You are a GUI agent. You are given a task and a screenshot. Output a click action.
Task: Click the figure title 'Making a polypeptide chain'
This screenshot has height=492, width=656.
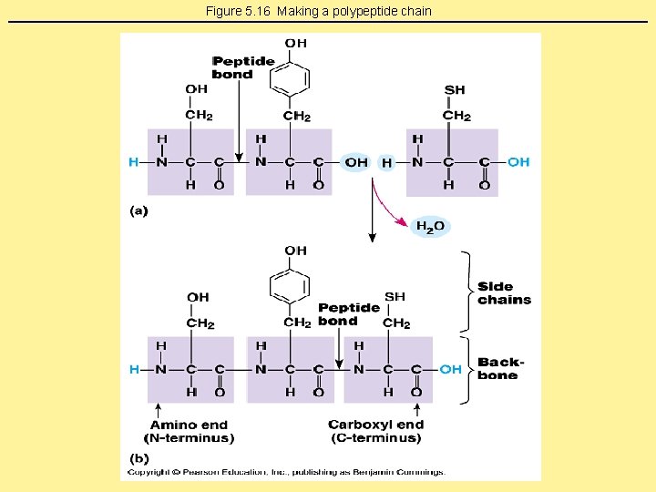(x=318, y=11)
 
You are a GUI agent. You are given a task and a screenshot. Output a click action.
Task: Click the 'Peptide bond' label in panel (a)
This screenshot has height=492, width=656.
(x=242, y=67)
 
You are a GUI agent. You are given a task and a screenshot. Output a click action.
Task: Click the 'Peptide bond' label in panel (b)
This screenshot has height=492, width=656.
(x=349, y=314)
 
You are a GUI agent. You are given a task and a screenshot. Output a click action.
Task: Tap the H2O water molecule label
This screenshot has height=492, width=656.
(x=430, y=226)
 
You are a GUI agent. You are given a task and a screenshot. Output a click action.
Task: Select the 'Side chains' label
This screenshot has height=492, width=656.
(x=504, y=293)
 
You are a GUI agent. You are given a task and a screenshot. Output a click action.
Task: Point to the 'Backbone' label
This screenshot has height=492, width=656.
(x=501, y=369)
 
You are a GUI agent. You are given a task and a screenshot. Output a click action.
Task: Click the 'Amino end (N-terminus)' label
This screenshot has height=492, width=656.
(x=189, y=431)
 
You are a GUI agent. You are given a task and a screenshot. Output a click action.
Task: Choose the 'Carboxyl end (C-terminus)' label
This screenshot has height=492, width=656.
(x=375, y=431)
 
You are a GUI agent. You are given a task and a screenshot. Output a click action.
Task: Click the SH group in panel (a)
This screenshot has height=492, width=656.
(x=455, y=89)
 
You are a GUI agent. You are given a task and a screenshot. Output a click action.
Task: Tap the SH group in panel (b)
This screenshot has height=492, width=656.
(x=395, y=297)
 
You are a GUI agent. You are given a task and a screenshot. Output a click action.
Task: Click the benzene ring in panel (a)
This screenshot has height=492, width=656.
(x=290, y=79)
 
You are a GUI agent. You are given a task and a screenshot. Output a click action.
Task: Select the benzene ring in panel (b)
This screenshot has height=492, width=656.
(x=290, y=285)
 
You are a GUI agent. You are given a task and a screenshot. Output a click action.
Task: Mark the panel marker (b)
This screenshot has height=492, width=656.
(x=139, y=457)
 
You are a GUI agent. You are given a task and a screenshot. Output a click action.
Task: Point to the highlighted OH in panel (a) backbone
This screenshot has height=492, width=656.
(x=356, y=162)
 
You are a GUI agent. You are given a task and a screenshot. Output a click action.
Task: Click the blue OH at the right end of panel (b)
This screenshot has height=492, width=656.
(x=450, y=369)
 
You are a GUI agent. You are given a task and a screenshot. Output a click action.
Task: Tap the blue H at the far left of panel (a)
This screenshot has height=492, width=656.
(x=134, y=162)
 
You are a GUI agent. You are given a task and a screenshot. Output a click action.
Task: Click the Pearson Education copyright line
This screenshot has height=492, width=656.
(x=286, y=472)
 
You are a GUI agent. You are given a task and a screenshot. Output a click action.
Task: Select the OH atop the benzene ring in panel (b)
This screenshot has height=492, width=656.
(x=295, y=251)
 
